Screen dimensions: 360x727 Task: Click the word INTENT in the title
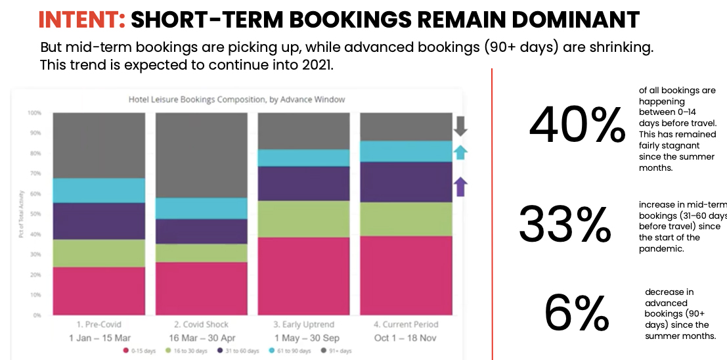tap(81, 20)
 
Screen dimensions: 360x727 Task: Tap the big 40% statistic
tap(577, 125)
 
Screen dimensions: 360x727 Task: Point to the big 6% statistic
tap(577, 313)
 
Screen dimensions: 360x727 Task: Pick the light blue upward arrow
tap(460, 152)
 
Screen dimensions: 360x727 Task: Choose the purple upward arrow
tap(460, 187)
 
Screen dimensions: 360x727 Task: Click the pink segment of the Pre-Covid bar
tap(99, 291)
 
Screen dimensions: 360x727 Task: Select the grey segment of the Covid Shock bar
tap(201, 155)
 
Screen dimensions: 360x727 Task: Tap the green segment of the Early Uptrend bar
tap(303, 219)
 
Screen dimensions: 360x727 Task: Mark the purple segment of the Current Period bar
tap(406, 182)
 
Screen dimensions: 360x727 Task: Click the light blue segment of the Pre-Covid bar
tap(99, 191)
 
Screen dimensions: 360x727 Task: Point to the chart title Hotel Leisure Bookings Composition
tap(236, 100)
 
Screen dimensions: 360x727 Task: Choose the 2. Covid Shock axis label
tap(201, 325)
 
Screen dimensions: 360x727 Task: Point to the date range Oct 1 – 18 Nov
tap(405, 338)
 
